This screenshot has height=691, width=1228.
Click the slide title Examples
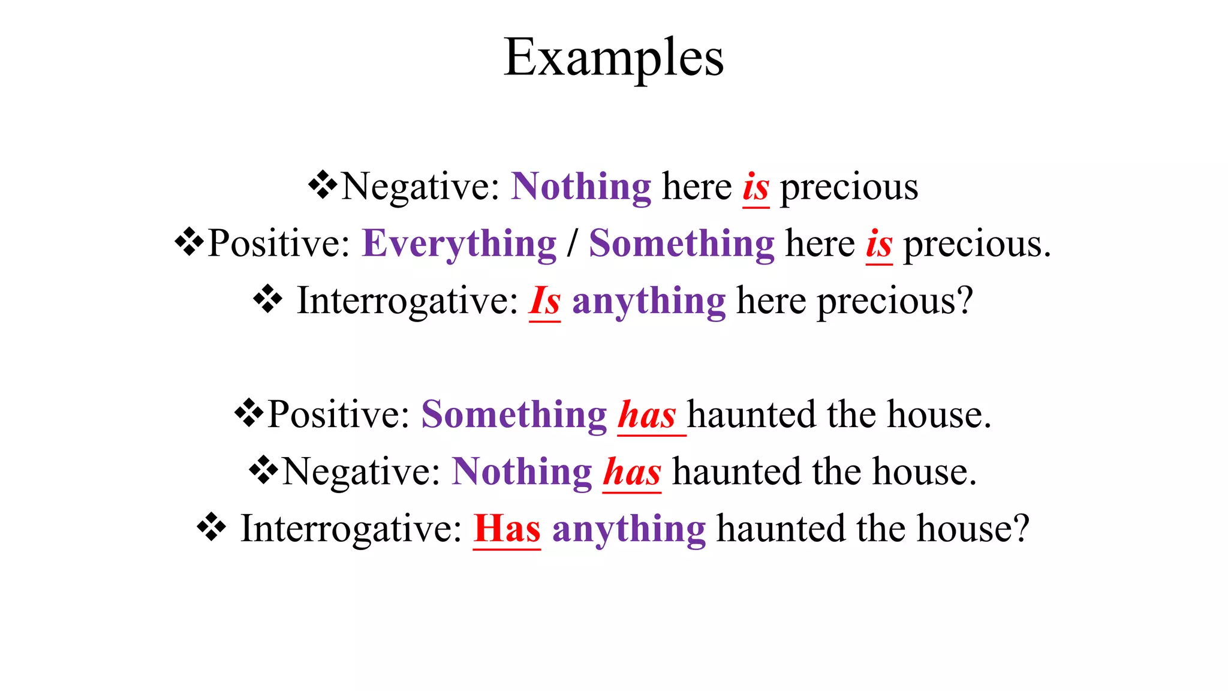tap(613, 58)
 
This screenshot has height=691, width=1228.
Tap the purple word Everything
tap(459, 245)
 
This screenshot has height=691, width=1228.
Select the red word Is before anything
tap(544, 301)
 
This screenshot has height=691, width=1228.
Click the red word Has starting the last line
tap(507, 529)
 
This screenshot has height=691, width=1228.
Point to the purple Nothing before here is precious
tap(581, 187)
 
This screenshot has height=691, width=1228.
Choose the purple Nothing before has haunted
tap(522, 472)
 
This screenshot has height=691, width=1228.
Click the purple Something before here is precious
tap(682, 245)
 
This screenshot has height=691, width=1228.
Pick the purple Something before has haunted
tap(514, 415)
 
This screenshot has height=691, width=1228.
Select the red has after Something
tap(647, 415)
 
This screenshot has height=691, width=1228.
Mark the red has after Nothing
tap(632, 472)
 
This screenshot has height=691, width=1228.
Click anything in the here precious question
tap(649, 301)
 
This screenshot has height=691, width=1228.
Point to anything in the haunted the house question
tap(629, 529)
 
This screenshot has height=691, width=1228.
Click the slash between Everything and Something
tap(573, 245)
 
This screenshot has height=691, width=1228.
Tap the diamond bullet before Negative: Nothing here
tap(323, 185)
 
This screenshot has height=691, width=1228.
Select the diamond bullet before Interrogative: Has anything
tap(211, 528)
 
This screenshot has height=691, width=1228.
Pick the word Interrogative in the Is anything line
tap(407, 301)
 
